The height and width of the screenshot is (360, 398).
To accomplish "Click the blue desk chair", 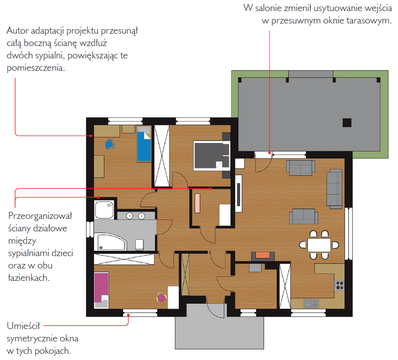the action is click(x=110, y=144).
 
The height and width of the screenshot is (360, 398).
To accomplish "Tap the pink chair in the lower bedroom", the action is click(x=161, y=297).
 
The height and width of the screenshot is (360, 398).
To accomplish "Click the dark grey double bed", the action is click(x=211, y=155).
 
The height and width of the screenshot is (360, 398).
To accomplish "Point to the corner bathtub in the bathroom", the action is click(x=111, y=241).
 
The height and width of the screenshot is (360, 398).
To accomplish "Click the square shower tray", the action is click(x=104, y=210).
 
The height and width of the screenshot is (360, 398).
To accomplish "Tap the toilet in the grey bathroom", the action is click(x=140, y=245).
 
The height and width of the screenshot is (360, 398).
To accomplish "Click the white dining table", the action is click(x=319, y=245).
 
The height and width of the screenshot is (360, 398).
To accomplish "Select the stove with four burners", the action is click(x=340, y=285).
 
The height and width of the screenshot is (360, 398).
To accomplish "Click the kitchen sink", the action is click(x=311, y=303).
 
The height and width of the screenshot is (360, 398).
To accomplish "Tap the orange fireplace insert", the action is click(x=263, y=255).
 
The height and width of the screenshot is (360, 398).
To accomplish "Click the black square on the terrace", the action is click(x=347, y=123).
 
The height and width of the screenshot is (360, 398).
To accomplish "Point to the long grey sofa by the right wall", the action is click(x=334, y=189).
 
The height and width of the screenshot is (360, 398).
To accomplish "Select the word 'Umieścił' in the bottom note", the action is click(x=23, y=326).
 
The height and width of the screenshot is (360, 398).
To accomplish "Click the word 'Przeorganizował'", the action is click(x=40, y=216).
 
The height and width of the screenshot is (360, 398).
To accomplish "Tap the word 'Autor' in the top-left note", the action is click(x=18, y=31).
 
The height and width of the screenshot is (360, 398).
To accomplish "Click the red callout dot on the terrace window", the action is click(x=270, y=153).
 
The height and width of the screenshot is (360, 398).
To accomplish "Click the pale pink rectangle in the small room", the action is click(x=198, y=203).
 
